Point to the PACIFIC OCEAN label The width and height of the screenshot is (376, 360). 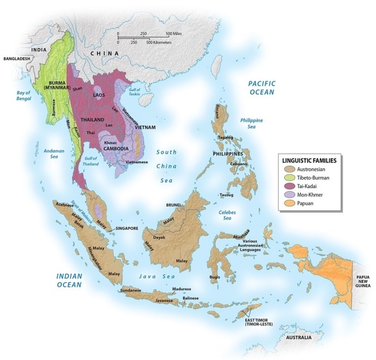point(265,87)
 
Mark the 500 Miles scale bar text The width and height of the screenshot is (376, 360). point(178,33)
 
